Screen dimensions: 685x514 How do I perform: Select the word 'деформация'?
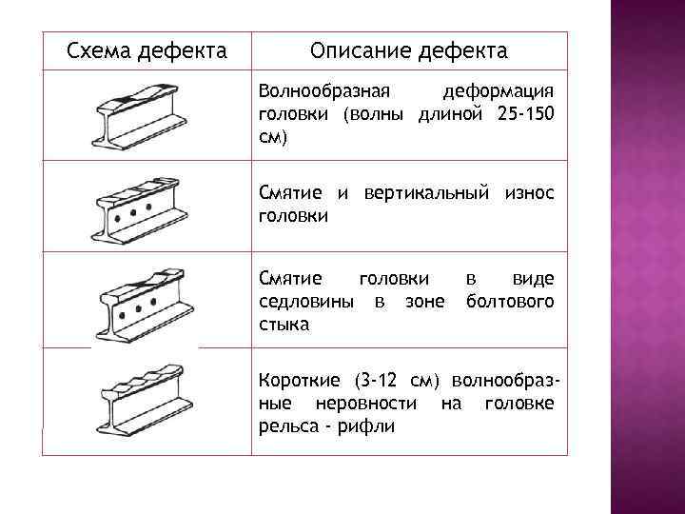click(499, 93)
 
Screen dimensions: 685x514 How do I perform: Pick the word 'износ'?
click(528, 193)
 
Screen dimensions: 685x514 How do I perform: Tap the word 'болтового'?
click(511, 302)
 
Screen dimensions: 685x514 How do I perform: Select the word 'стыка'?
click(284, 325)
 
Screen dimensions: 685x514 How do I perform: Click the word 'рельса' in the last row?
click(286, 425)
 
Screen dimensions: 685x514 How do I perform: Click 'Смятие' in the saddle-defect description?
click(291, 279)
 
